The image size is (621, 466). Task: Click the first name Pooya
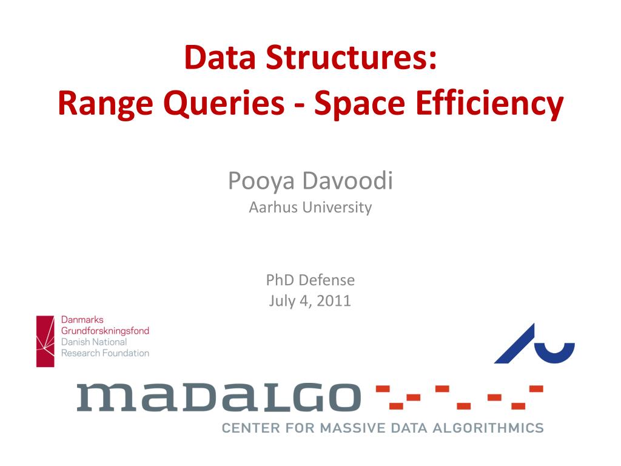coord(261,181)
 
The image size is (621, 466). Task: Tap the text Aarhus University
coord(310,208)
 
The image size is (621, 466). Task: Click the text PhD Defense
coord(310,280)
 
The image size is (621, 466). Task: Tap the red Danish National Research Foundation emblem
coord(45,341)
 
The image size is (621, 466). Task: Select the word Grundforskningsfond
coord(105,331)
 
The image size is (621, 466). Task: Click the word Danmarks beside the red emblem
coord(82,320)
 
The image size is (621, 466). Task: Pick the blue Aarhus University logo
coord(534,344)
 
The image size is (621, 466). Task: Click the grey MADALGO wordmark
coord(218,397)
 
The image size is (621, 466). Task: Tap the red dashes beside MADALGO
coord(459,396)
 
